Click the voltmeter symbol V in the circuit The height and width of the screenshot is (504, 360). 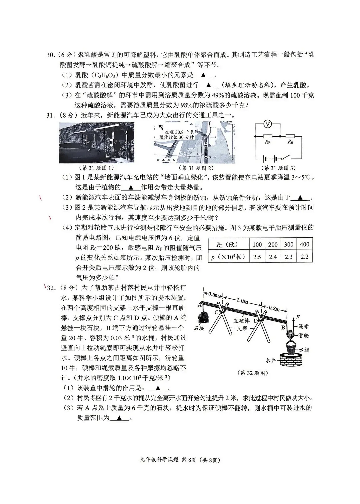pos(267,124)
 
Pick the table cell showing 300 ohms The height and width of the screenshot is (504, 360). pos(289,244)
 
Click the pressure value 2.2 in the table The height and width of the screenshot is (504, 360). pos(304,257)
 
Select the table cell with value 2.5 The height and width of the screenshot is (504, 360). pos(257,257)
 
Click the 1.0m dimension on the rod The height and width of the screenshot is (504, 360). pos(242,300)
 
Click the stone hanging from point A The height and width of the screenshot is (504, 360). pos(202,316)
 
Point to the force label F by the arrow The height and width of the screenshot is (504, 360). pos(298,317)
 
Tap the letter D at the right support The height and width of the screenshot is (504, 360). pos(255,320)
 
